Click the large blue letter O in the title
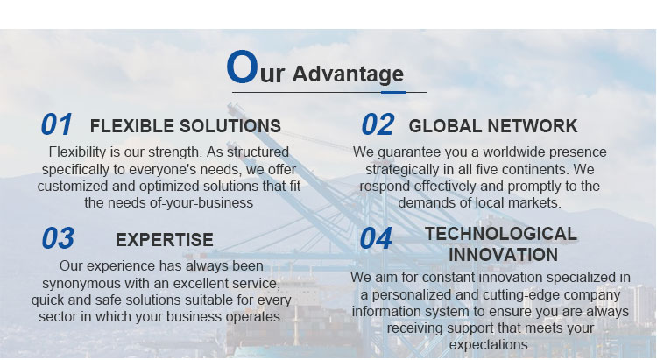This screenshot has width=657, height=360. point(242,67)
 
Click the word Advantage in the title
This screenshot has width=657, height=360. point(348,74)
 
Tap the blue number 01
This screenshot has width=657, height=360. point(57,124)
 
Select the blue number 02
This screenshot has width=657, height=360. point(378,124)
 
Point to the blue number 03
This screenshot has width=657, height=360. point(58,238)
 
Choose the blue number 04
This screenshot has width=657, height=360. point(376,238)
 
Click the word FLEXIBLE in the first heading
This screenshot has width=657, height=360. point(132,126)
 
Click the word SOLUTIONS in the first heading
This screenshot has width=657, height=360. point(230,126)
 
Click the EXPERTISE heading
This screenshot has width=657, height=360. point(165,240)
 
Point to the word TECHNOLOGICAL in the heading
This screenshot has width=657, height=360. point(501,234)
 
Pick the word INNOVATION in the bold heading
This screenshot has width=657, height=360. point(503,255)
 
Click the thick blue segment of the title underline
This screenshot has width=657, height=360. point(393,92)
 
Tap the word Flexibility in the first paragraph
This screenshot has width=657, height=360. point(77,152)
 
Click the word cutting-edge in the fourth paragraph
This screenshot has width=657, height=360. point(520,295)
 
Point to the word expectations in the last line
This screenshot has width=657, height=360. point(490,345)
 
